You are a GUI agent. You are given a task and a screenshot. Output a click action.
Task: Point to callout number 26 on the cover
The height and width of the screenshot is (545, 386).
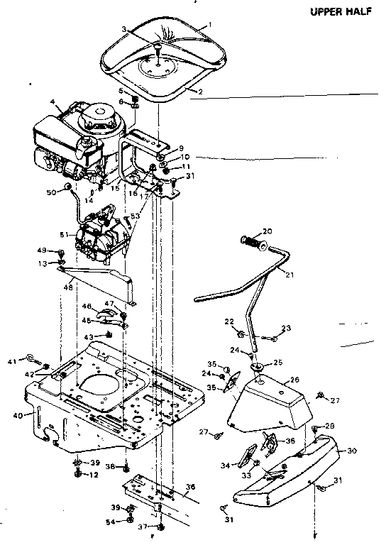point(294,380)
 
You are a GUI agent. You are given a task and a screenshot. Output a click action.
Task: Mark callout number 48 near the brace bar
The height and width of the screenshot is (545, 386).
point(68,288)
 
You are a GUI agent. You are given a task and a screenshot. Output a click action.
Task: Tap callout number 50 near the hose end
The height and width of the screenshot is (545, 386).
point(50,192)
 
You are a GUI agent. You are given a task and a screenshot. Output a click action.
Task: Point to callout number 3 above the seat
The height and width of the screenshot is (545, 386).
point(123,29)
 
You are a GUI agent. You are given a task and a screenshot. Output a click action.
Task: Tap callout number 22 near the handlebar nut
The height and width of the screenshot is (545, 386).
point(228,321)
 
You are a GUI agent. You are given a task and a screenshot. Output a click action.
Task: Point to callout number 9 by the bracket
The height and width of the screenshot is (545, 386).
point(181,148)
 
